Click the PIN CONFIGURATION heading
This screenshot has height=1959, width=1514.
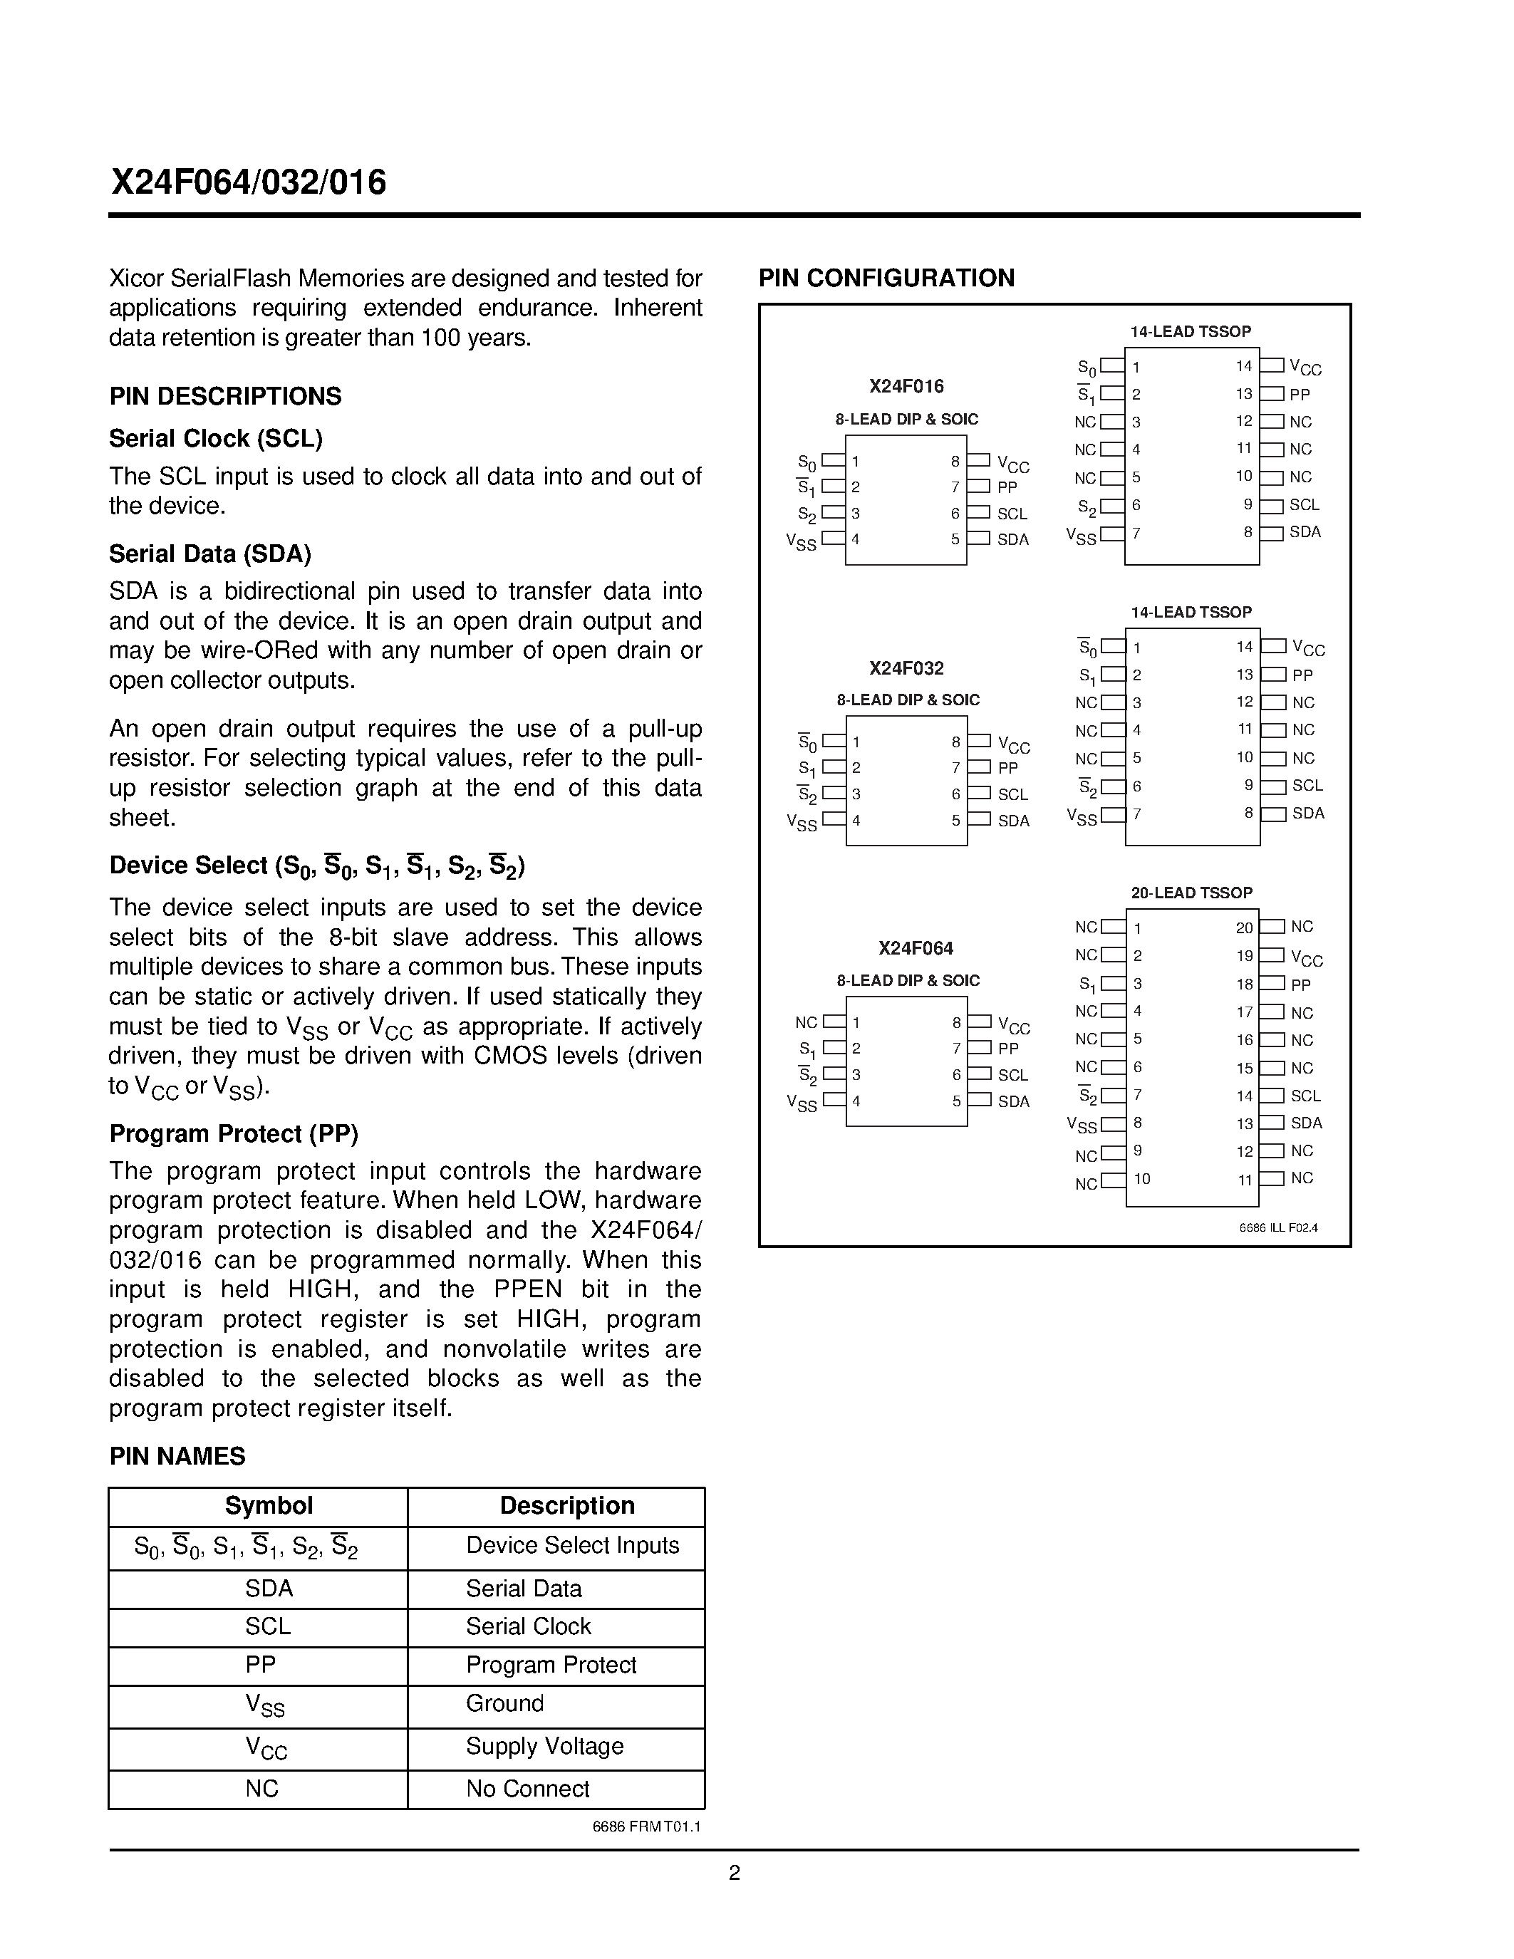(886, 278)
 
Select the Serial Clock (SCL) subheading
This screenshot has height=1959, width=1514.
(215, 439)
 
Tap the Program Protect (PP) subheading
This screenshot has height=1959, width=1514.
(233, 1134)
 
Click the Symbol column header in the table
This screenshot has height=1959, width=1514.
(268, 1506)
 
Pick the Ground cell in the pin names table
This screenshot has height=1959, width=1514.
(504, 1703)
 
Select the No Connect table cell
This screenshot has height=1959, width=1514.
(527, 1789)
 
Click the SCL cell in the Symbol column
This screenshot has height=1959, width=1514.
(267, 1626)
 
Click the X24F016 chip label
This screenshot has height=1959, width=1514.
(906, 387)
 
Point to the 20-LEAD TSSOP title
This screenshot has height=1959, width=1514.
(1191, 893)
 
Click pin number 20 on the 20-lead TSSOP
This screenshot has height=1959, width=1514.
(1244, 928)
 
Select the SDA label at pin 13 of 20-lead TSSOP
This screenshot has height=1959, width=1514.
(1306, 1123)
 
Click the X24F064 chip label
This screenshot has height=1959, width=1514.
(916, 948)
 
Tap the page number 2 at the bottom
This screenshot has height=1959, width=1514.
(734, 1873)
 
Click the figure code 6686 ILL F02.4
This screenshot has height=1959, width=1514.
(1278, 1228)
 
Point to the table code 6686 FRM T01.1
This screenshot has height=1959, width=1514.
(647, 1827)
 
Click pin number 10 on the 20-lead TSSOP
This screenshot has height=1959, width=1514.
(1142, 1179)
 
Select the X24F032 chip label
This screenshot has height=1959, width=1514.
(906, 668)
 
